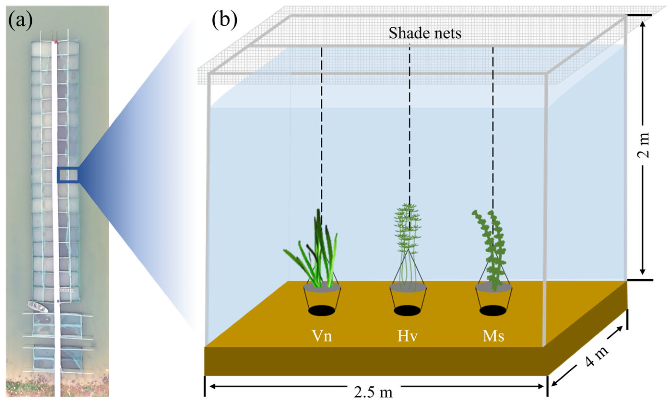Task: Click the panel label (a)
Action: point(20,21)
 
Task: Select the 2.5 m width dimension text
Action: point(373,392)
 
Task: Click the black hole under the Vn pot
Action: point(322,311)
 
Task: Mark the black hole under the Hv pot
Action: point(407,311)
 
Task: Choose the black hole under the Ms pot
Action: point(493,311)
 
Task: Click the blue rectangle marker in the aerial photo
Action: point(68,175)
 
